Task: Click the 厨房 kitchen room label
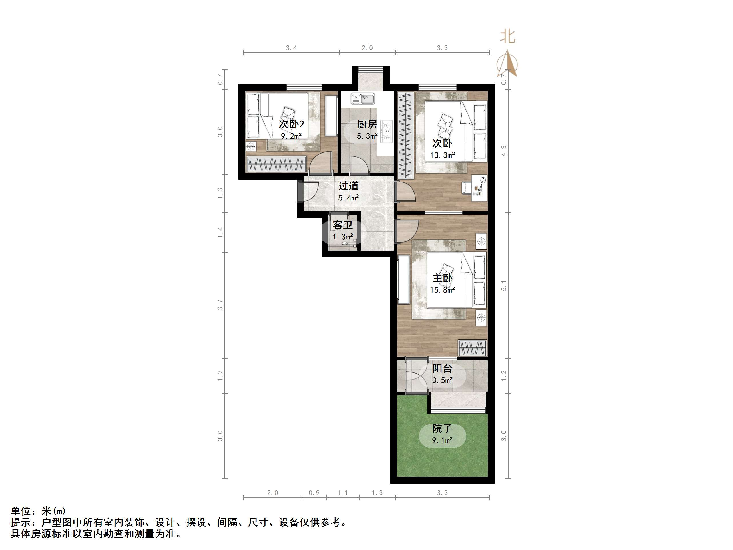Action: (367, 124)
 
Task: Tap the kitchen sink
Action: (363, 98)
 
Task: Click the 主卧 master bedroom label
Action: (442, 278)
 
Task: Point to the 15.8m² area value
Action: (442, 290)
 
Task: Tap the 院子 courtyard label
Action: (442, 429)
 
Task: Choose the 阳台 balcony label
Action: (442, 368)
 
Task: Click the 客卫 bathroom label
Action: (343, 225)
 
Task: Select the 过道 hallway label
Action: (348, 186)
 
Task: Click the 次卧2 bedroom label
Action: (291, 124)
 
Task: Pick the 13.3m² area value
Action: (442, 155)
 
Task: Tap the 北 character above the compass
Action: (507, 37)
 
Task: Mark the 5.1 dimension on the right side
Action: (504, 285)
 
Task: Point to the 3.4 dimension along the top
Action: (291, 48)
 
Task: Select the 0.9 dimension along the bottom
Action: (314, 493)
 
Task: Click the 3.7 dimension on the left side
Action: (220, 305)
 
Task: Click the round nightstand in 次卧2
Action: (251, 146)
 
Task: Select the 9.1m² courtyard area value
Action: (442, 440)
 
